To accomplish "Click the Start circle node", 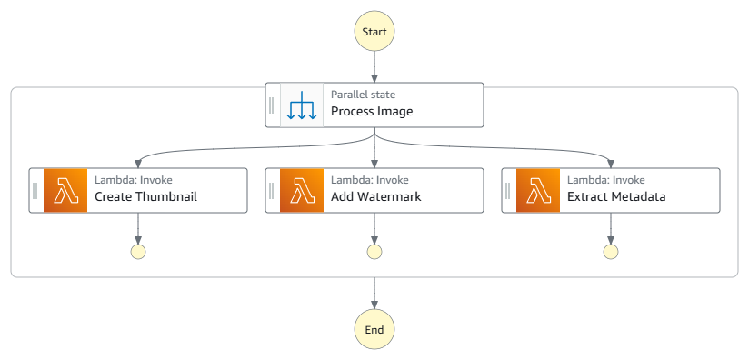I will coord(374,32).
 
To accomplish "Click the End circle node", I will coord(374,329).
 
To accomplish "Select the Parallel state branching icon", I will coord(301,105).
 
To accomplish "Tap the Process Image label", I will coord(371,112).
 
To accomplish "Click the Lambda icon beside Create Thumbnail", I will coord(65,190).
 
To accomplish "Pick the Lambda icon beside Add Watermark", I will coord(302,190).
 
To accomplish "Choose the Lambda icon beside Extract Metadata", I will coord(538,190).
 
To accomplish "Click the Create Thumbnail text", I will coord(145,196).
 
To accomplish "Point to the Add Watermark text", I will coord(375,196).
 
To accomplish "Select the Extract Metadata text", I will coord(616,196).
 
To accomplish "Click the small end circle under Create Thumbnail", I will coord(138,252).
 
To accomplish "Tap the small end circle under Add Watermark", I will coord(374,252).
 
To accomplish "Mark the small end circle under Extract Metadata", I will coord(611,252).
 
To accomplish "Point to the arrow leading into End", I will coord(374,293).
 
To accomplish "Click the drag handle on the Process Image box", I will coord(272,105).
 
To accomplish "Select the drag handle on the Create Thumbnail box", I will coord(35,190).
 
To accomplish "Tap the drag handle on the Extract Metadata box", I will coord(508,190).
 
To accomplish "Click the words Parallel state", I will coord(363,95).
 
